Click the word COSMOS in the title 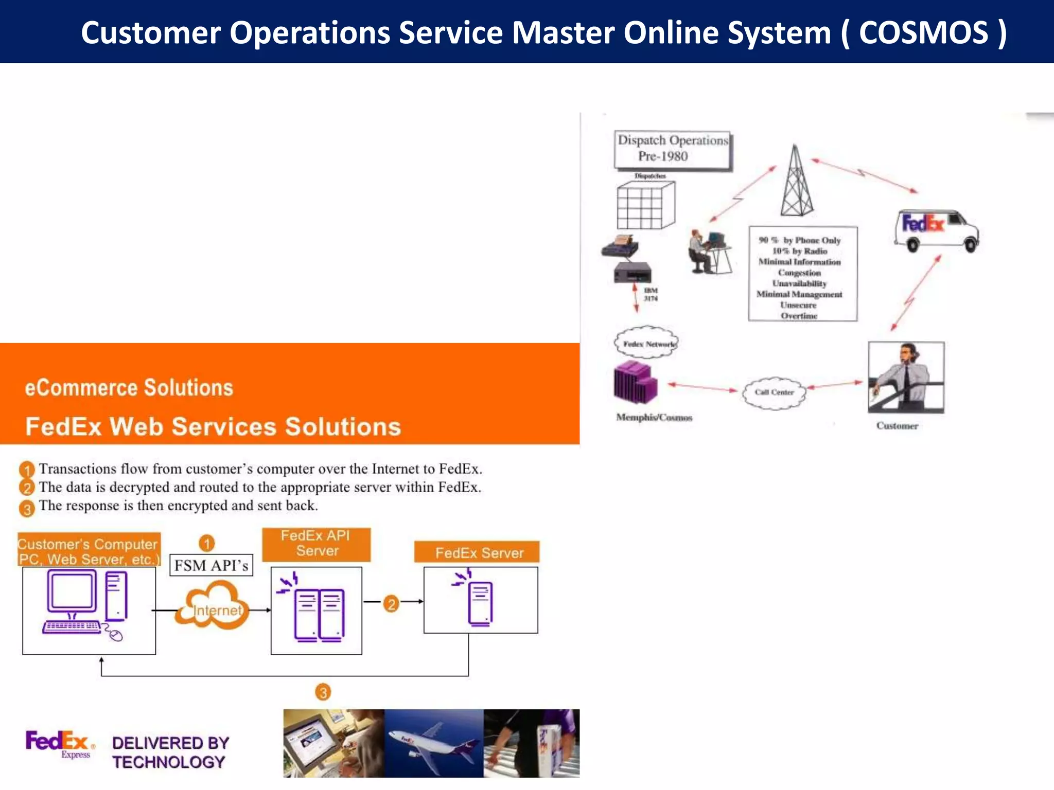[923, 33]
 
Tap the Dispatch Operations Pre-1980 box [673, 149]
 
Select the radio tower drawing [796, 183]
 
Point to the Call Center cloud [774, 392]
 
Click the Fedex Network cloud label [647, 344]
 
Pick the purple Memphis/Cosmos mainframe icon [635, 382]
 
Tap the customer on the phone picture [906, 377]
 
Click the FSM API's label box [211, 565]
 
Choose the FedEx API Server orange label [316, 544]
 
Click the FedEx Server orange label [478, 552]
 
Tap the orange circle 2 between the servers [391, 603]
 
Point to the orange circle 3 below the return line [323, 692]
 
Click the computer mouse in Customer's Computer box [116, 636]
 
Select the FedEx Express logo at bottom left [59, 743]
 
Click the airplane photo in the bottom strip [433, 743]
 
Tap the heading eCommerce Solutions [129, 387]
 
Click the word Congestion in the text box [799, 273]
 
